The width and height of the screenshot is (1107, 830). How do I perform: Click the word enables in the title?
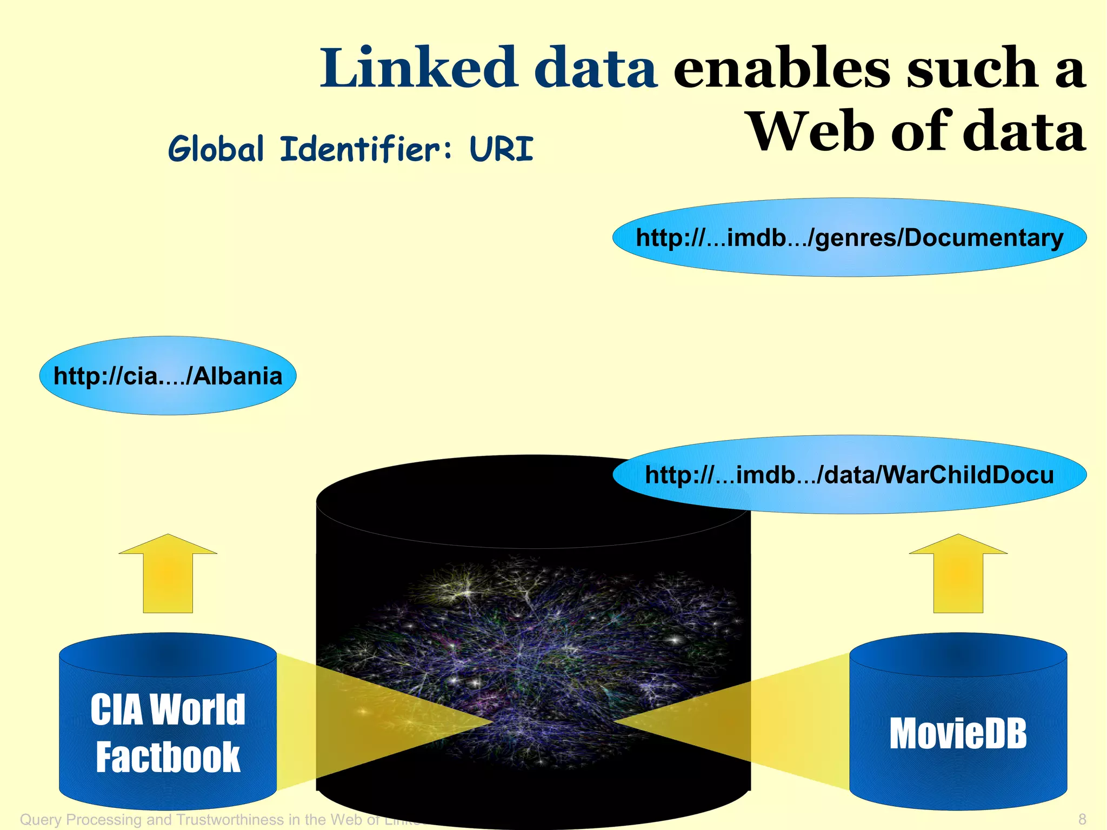click(x=781, y=69)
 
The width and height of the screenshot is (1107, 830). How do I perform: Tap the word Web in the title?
click(x=811, y=131)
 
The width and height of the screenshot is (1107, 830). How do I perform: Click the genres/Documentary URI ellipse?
click(x=849, y=237)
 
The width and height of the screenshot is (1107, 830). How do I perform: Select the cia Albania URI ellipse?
click(x=168, y=376)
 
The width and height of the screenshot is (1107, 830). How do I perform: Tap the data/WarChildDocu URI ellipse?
click(x=849, y=475)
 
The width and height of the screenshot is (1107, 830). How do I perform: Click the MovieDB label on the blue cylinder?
click(x=958, y=734)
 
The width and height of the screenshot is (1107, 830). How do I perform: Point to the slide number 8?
click(x=1082, y=819)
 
